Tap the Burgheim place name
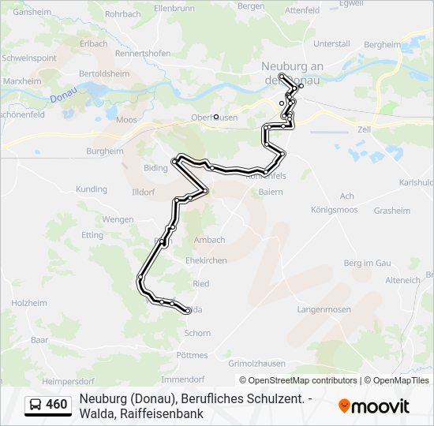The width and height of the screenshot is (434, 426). (x=105, y=151)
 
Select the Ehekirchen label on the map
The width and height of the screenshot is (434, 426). (x=206, y=260)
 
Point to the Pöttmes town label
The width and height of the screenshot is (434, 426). (x=193, y=356)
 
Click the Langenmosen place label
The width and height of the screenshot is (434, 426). (x=324, y=310)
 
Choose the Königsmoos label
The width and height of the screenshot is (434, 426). (x=335, y=210)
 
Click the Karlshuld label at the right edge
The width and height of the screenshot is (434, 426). (x=417, y=182)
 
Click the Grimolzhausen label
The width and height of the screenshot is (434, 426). (x=256, y=364)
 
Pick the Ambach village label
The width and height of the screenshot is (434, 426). (x=210, y=240)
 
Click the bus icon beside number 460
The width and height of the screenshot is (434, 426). (x=36, y=405)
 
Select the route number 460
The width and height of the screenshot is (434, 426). (x=56, y=405)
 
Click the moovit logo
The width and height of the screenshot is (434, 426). (x=374, y=406)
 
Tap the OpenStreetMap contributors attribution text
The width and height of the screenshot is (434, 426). (x=303, y=380)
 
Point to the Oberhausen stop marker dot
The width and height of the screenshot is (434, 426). (x=215, y=117)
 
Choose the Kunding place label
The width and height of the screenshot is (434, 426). (x=92, y=189)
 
